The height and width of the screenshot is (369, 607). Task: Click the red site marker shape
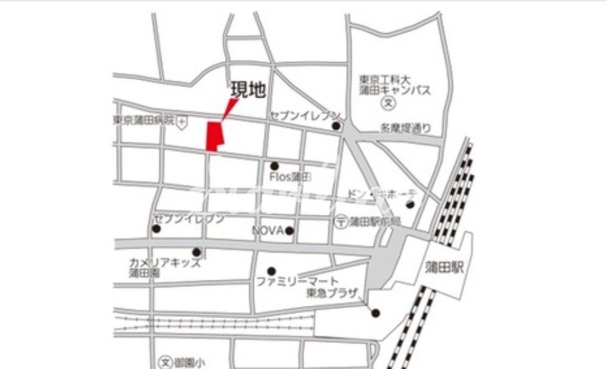214,136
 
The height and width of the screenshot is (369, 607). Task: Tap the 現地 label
248,91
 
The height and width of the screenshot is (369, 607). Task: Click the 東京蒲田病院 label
143,120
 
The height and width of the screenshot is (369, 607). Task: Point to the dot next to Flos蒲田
274,166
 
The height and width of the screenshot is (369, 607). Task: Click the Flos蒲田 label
290,177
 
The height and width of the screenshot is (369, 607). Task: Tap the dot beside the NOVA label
290,231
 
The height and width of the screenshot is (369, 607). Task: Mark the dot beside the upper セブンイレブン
336,126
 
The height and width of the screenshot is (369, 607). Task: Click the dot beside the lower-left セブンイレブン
157,229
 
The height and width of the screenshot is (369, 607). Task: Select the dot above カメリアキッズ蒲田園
197,252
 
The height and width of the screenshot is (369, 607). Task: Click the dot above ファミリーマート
271,271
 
